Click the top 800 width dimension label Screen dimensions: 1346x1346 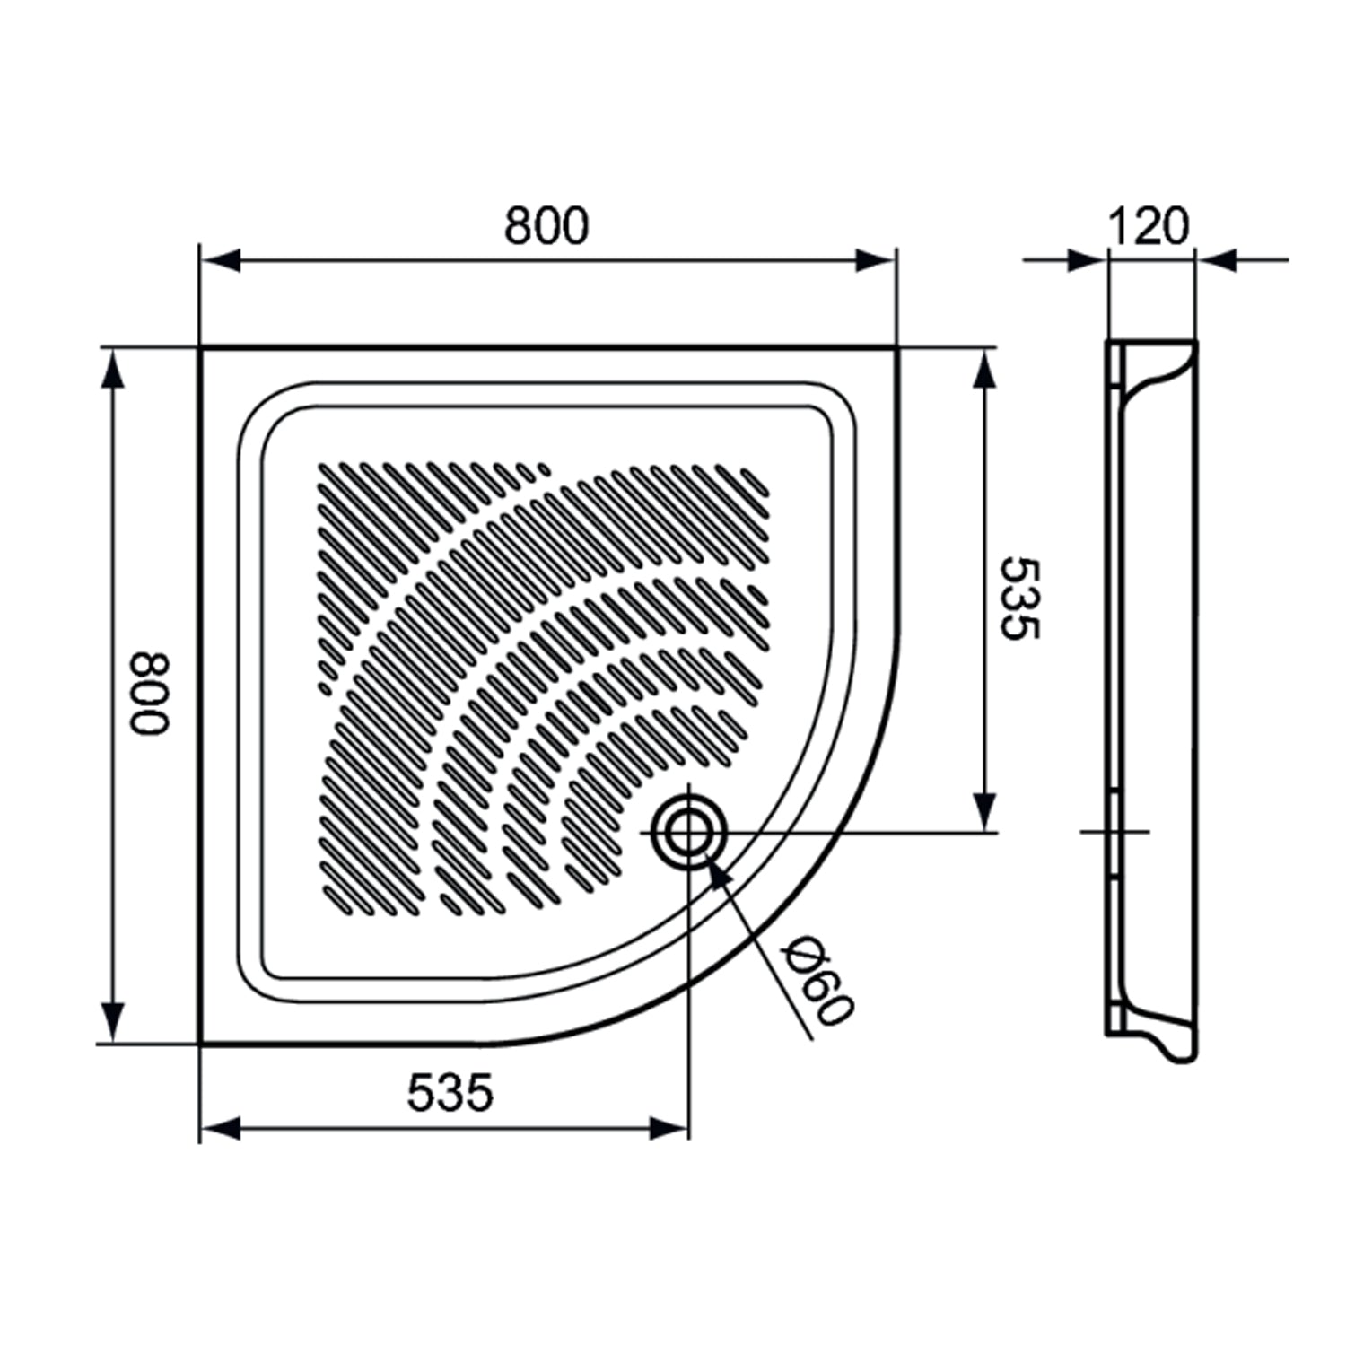point(546,226)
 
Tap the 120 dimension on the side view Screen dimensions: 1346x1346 point(1149,226)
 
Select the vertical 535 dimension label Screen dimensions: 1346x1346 point(1019,599)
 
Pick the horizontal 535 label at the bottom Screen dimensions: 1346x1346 point(450,1092)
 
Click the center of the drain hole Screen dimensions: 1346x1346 point(688,833)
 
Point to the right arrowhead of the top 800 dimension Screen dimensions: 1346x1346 point(876,260)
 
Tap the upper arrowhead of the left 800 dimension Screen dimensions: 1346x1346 point(111,368)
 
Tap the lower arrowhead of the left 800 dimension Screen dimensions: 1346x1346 point(111,1023)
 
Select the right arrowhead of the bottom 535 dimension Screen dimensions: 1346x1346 point(669,1129)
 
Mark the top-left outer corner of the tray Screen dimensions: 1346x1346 point(200,347)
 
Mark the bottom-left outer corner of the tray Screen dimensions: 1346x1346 point(200,1044)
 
